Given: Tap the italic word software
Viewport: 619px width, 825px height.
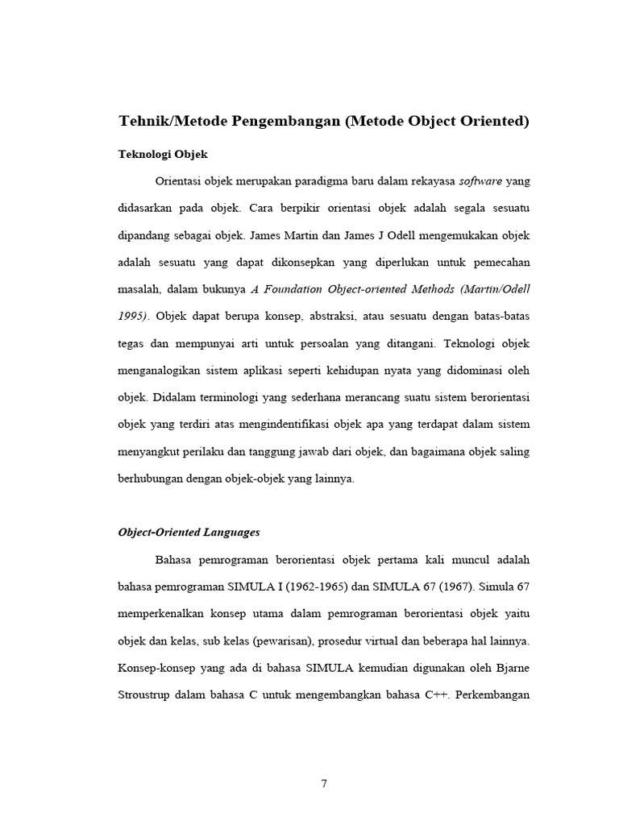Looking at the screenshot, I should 480,181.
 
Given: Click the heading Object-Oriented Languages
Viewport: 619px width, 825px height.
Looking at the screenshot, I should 189,533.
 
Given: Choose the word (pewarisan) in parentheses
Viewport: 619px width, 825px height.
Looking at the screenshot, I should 268,641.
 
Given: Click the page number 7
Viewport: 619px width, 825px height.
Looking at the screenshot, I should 323,784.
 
